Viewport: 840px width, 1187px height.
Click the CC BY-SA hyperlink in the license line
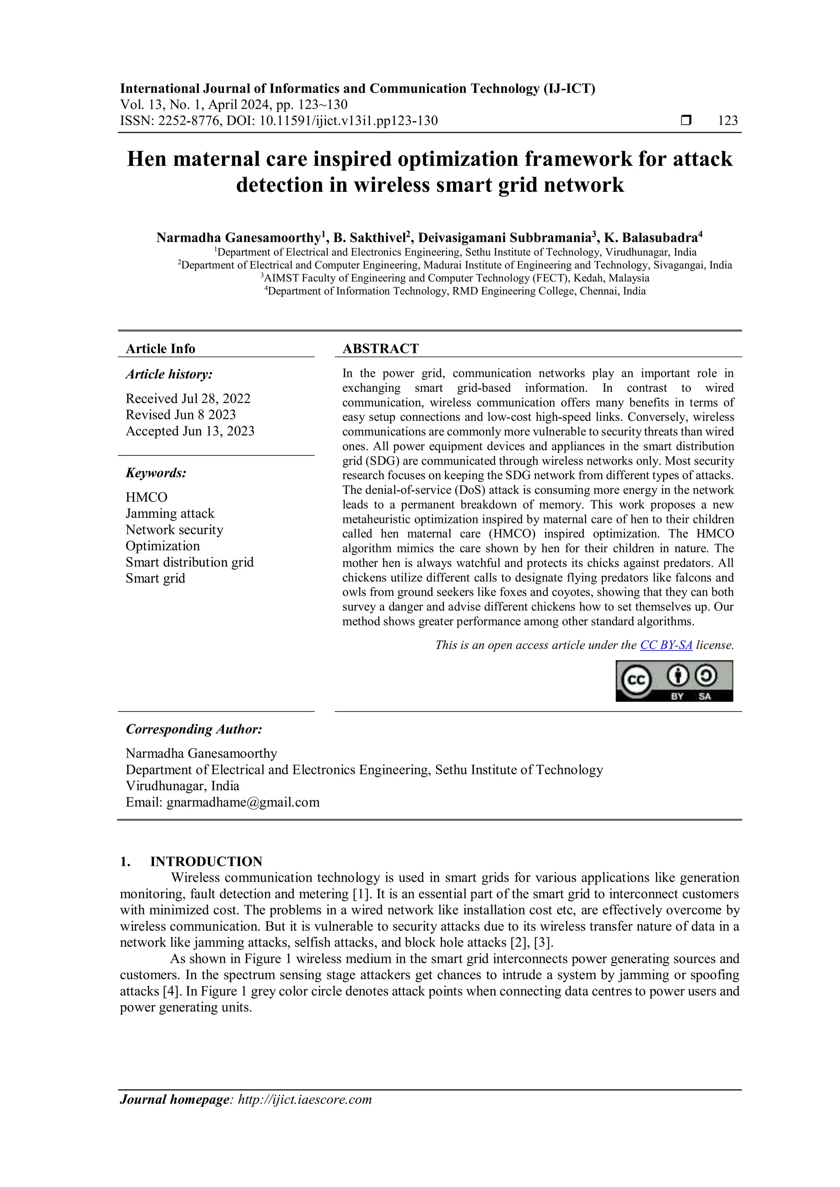click(x=666, y=645)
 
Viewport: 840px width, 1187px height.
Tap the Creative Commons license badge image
click(x=674, y=681)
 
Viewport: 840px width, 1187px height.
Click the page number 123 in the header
click(x=728, y=121)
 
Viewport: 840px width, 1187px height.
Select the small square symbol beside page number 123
click(x=686, y=121)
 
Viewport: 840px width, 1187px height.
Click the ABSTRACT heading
click(x=380, y=349)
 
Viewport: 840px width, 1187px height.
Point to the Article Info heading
click(x=160, y=349)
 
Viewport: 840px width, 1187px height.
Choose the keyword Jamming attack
click(x=170, y=513)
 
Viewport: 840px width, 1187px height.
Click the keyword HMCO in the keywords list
click(x=146, y=497)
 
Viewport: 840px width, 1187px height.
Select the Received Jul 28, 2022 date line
click(x=188, y=398)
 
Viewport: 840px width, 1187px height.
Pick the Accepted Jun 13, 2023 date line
click(x=190, y=431)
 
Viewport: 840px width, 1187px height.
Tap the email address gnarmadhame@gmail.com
click(x=243, y=803)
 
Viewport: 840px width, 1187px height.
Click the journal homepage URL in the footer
click(x=305, y=1100)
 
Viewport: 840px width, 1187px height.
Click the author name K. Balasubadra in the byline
click(x=651, y=238)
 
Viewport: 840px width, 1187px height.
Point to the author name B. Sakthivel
click(x=369, y=238)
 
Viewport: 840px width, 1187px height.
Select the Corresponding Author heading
click(x=194, y=730)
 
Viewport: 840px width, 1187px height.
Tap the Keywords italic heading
click(x=156, y=473)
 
